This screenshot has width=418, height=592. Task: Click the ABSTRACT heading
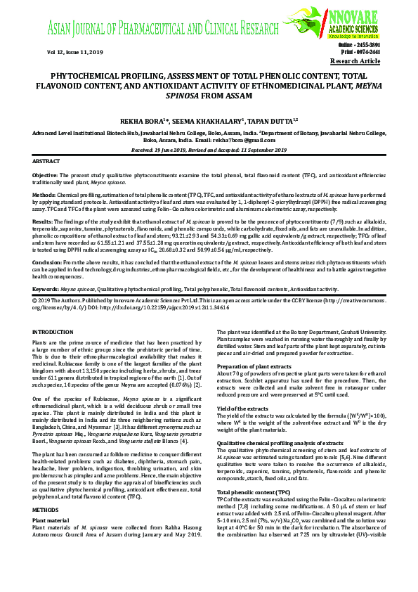[x=47, y=161]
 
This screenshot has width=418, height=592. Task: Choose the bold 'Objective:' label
[x=46, y=174]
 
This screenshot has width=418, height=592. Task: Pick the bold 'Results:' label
[x=44, y=220]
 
